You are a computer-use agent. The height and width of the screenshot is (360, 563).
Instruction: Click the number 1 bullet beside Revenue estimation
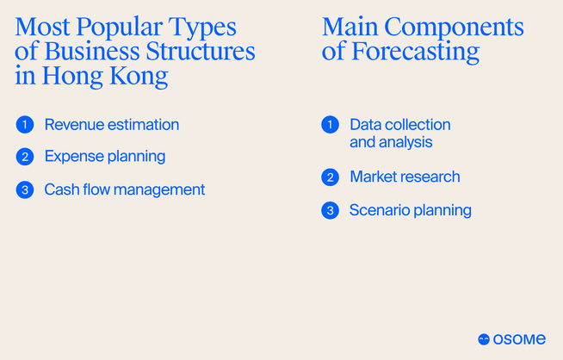[24, 125]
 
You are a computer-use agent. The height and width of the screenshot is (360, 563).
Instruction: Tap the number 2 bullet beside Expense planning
[24, 157]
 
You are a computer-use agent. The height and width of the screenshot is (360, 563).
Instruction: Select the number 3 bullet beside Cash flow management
[24, 189]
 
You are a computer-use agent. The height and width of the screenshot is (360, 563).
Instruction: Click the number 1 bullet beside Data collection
[330, 125]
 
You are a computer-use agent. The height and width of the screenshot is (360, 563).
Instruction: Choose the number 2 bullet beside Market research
[330, 177]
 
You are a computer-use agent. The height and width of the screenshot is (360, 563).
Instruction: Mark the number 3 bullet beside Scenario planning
[330, 210]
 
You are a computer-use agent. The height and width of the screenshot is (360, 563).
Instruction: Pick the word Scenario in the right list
[379, 210]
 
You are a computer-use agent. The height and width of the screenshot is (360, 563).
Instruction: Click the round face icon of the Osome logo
[484, 340]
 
